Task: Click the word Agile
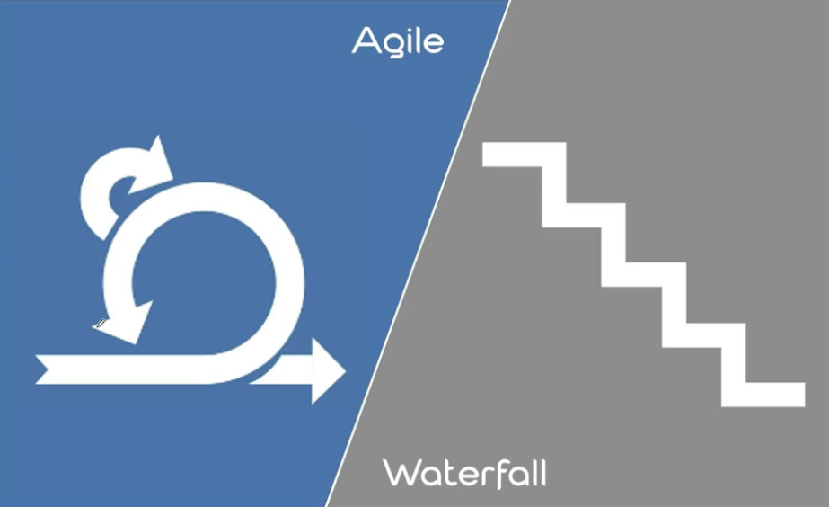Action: point(398,40)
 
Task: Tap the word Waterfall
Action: point(464,473)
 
